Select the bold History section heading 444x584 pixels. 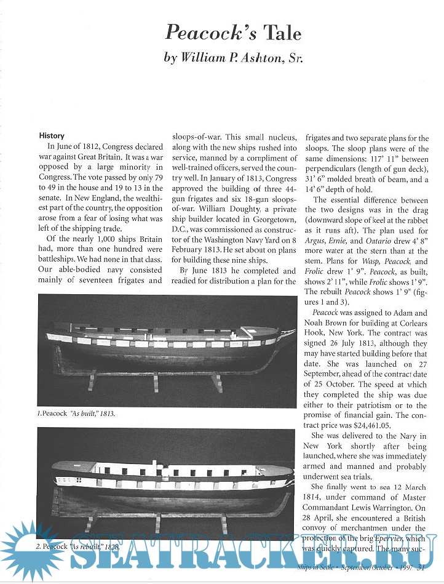click(x=52, y=135)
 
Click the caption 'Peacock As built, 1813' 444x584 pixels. click(x=76, y=414)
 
